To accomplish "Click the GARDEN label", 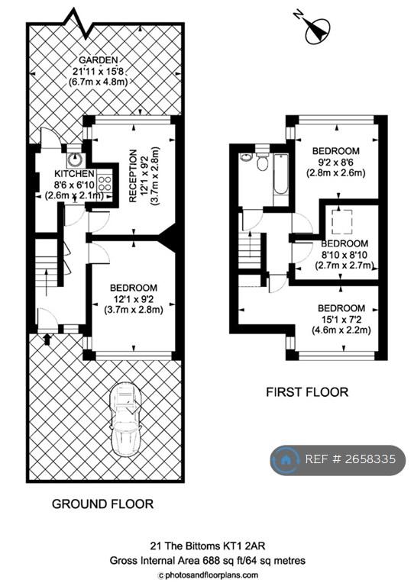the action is coord(98,60).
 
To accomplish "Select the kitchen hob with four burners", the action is coord(105,184).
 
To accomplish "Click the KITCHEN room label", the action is coord(74,174).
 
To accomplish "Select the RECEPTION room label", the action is coord(133,176).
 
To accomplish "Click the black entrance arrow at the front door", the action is coord(47,339).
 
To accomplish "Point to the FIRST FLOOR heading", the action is coord(307,392).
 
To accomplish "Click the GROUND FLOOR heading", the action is coord(102,504).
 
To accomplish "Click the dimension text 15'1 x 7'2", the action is coord(341,320).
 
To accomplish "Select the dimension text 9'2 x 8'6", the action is coord(335,163).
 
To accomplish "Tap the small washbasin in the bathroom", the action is coord(246,157).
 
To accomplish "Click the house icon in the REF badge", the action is coord(286,459).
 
